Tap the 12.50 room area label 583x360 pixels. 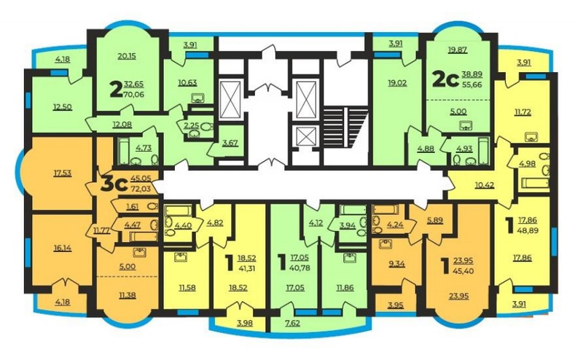63,107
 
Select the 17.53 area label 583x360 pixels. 63,173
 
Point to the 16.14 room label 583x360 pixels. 63,247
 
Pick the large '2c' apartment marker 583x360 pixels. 445,79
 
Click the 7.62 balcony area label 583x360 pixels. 294,323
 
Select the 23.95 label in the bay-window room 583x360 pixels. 459,296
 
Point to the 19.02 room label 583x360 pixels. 397,83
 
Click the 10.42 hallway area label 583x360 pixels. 485,184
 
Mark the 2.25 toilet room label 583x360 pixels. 192,125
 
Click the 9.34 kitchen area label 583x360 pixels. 396,264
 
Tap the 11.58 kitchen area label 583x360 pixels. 187,287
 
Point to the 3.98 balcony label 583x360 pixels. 244,323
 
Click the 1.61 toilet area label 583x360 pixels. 133,207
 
